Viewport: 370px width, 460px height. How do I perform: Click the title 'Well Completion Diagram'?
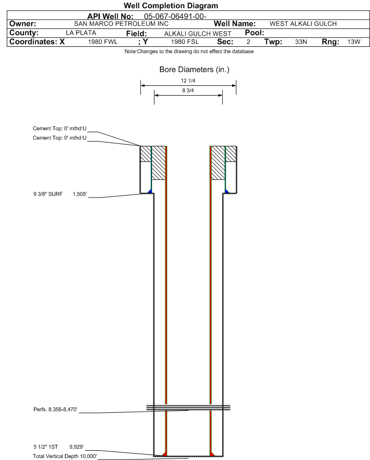pos(171,5)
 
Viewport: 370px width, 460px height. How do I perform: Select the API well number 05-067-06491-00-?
pos(175,17)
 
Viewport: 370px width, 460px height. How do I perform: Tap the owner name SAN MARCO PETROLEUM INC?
pos(121,24)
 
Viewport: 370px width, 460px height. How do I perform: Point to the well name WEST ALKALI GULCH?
pos(303,24)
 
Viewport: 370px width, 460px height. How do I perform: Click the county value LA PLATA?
pos(81,33)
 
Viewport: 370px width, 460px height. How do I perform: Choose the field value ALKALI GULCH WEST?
pos(197,34)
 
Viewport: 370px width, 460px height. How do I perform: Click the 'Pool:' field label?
pos(254,33)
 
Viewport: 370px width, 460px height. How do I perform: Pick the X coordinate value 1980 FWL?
pos(102,42)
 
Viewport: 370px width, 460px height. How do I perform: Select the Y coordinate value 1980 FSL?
pos(185,42)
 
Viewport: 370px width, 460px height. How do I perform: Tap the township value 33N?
pos(301,42)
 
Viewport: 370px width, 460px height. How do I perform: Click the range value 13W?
pos(353,42)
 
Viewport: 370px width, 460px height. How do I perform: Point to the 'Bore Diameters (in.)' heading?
pos(195,70)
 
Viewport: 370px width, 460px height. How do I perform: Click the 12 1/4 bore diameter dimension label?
pos(188,80)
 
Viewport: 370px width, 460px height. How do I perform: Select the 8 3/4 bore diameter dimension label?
pos(188,90)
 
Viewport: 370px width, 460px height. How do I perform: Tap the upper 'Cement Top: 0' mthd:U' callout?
pos(59,128)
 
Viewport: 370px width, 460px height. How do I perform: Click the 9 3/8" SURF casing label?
pos(48,194)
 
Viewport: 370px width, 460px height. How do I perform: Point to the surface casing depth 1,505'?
pos(80,194)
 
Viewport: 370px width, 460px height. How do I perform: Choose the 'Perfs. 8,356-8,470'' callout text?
pos(56,410)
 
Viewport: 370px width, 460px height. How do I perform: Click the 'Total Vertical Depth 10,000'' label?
pos(65,456)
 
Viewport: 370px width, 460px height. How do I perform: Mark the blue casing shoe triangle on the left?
pos(150,191)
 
